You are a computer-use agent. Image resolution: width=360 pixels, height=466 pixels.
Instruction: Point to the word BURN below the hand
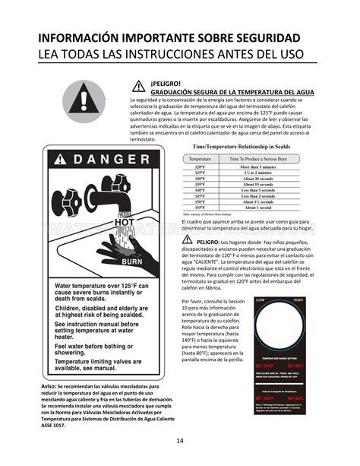pyautogui.click(x=132, y=262)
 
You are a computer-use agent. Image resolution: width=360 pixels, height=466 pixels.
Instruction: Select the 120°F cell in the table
pyautogui.click(x=201, y=166)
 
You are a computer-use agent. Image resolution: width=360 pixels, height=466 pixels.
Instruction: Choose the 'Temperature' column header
pyautogui.click(x=201, y=158)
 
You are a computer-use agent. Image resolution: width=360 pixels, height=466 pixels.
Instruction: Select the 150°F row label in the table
pyautogui.click(x=201, y=201)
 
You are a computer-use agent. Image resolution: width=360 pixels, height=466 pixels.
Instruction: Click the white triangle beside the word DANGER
pyautogui.click(x=60, y=159)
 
